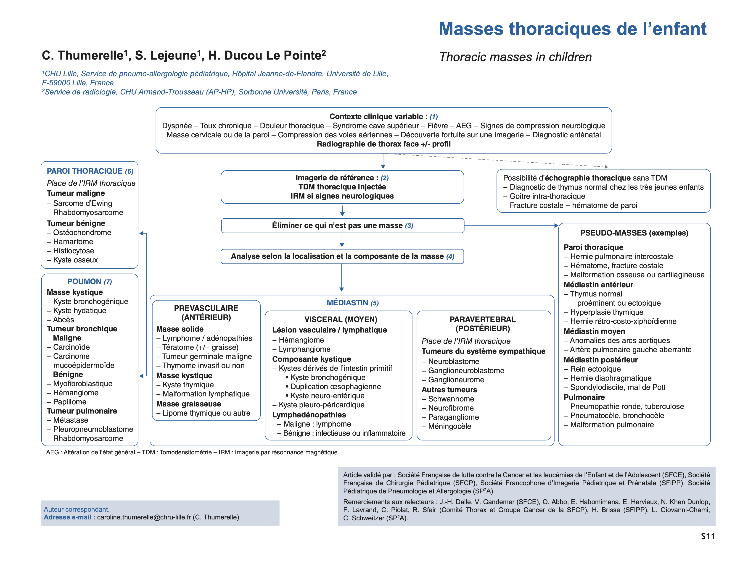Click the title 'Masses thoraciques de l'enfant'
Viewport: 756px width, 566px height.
pos(572,29)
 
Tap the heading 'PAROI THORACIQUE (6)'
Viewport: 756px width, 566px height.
pos(90,171)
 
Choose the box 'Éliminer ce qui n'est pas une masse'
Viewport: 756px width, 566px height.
pos(342,225)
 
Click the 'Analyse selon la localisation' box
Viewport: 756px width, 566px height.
pos(342,256)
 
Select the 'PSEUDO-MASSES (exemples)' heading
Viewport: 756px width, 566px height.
pos(634,233)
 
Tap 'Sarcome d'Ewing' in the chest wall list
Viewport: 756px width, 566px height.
pos(82,203)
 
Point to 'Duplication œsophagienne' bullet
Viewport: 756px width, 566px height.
pos(335,386)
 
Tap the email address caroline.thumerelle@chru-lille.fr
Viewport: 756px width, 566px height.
pos(143,517)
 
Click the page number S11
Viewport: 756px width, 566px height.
pos(708,536)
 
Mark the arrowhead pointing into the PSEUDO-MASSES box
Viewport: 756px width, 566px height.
pos(556,225)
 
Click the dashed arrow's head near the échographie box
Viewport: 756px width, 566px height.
pos(606,167)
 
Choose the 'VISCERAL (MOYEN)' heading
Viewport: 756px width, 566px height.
pos(341,319)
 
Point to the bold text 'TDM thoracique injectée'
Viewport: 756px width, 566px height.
pos(342,187)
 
